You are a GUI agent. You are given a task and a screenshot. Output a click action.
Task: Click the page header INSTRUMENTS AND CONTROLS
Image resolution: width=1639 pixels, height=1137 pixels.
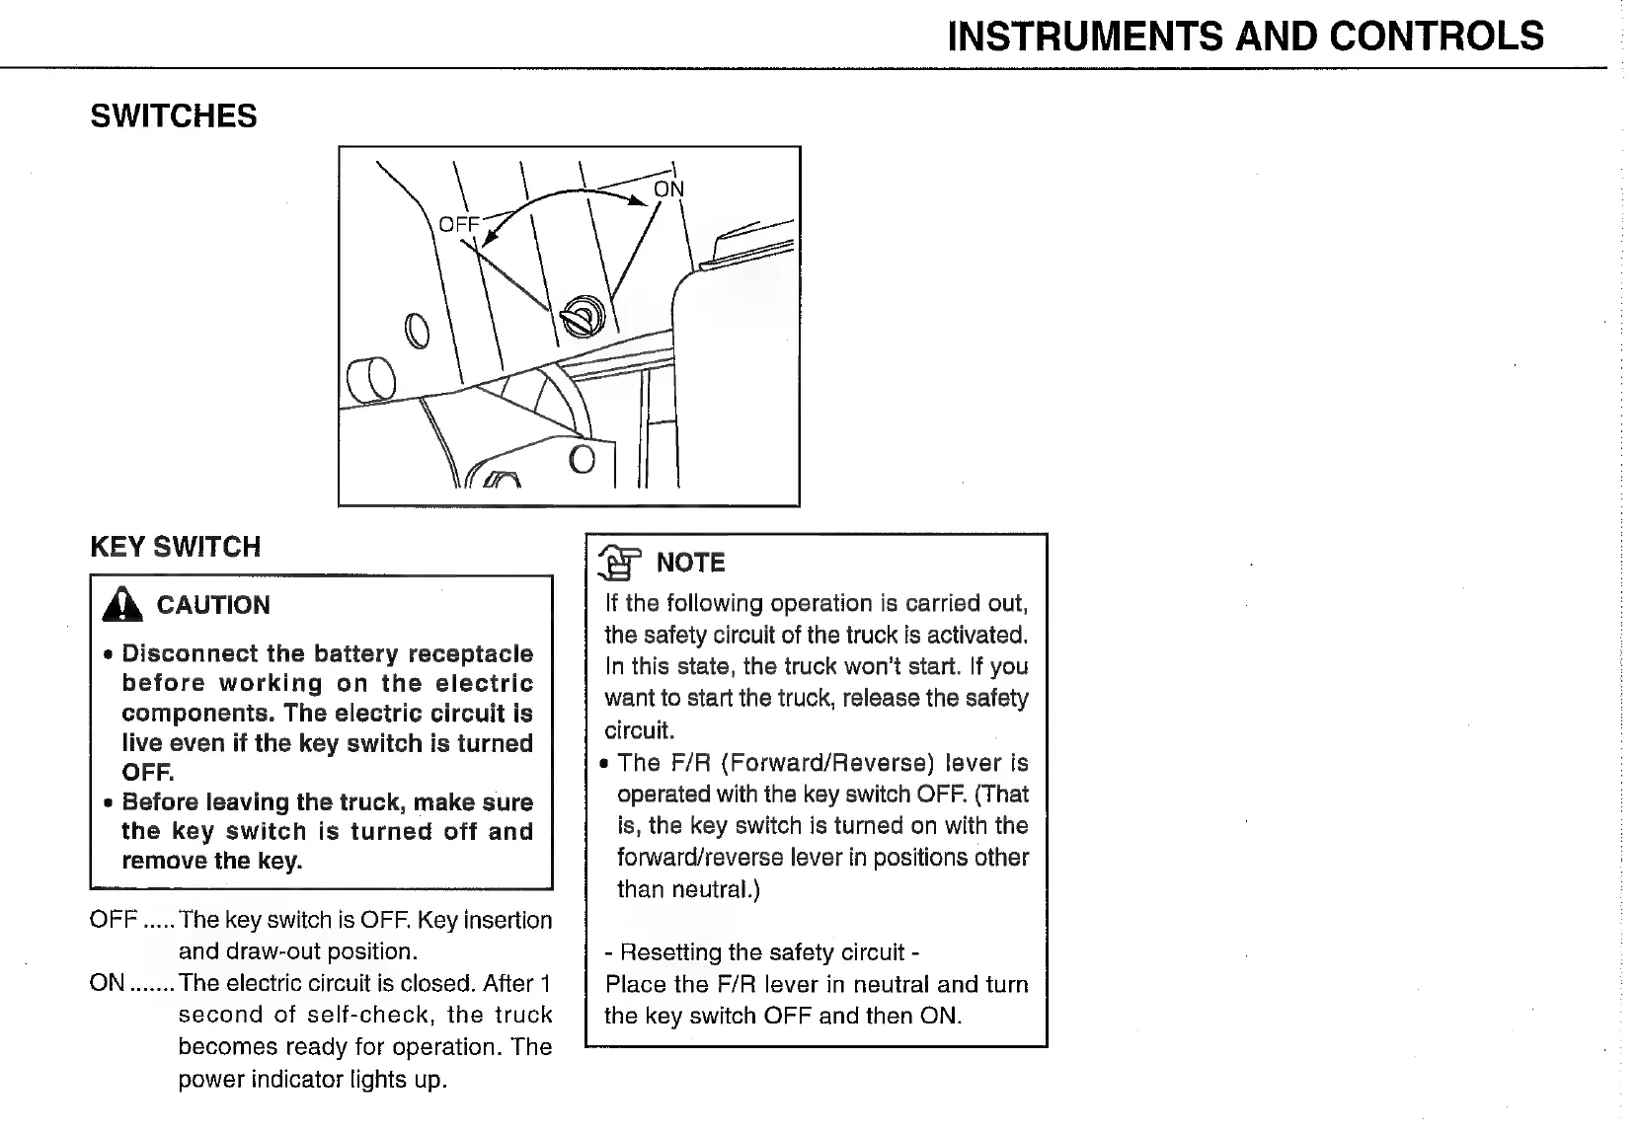click(1245, 37)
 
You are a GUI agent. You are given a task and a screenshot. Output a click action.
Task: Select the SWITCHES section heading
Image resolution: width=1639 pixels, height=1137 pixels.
click(174, 116)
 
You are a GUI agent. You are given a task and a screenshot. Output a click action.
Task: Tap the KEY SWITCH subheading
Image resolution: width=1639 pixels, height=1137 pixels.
click(176, 547)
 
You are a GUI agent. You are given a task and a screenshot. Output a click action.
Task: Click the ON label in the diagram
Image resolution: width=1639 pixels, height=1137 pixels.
click(668, 189)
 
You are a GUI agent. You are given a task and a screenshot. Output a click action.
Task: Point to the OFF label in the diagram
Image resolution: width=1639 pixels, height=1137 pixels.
click(458, 225)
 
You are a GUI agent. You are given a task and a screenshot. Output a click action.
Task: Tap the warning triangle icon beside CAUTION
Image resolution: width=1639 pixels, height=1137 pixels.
click(121, 604)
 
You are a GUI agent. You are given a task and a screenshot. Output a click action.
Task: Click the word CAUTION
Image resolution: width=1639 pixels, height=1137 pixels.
click(213, 605)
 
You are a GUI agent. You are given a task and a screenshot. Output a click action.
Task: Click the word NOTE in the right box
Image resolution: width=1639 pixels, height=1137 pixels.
click(691, 563)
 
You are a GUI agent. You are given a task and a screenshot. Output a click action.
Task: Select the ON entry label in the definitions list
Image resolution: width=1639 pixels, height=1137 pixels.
click(108, 983)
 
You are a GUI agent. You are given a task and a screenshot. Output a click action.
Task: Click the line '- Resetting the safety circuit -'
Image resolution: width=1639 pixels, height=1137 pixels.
click(762, 952)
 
